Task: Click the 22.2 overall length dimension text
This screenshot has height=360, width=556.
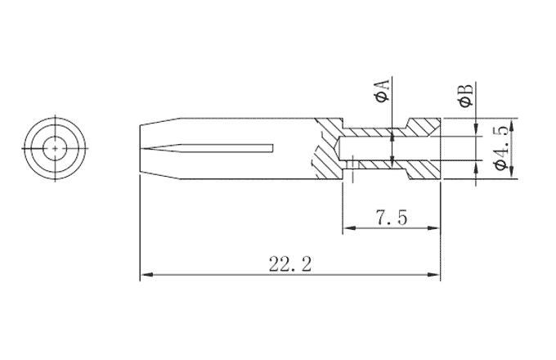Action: (290, 263)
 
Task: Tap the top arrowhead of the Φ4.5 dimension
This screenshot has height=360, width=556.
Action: (513, 127)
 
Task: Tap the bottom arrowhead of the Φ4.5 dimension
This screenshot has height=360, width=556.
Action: (513, 169)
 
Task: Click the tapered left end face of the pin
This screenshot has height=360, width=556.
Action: (140, 148)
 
